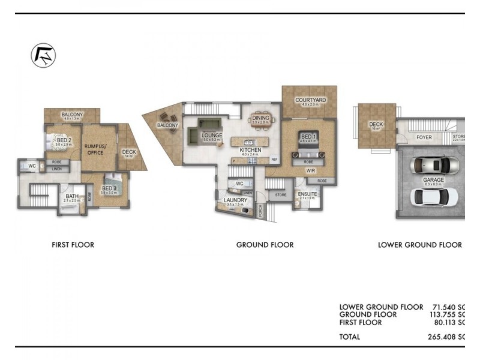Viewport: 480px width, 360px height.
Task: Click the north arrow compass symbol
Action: point(43,56)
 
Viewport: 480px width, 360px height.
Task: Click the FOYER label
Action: point(424,137)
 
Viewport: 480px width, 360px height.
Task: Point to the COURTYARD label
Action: point(310,100)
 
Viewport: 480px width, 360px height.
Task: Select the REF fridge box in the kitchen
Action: point(274,160)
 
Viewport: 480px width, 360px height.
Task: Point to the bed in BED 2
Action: point(59,141)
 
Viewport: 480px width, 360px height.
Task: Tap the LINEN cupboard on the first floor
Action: point(57,169)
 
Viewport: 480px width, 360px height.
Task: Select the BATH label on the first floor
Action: point(72,196)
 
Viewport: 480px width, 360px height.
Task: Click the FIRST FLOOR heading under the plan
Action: point(73,245)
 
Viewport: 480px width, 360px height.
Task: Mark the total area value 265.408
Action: point(444,337)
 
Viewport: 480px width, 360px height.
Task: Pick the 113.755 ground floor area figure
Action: point(444,314)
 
